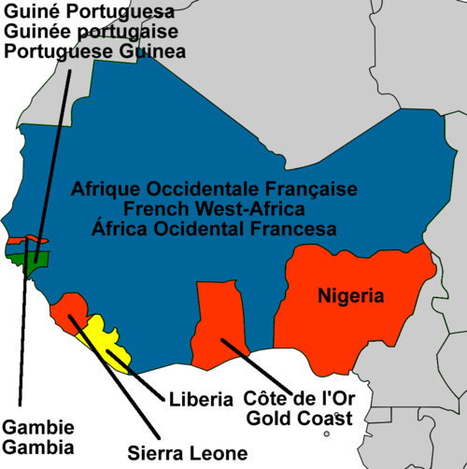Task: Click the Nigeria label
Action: point(350,297)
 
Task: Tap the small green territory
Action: point(35,261)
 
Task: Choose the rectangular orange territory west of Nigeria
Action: point(217,318)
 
